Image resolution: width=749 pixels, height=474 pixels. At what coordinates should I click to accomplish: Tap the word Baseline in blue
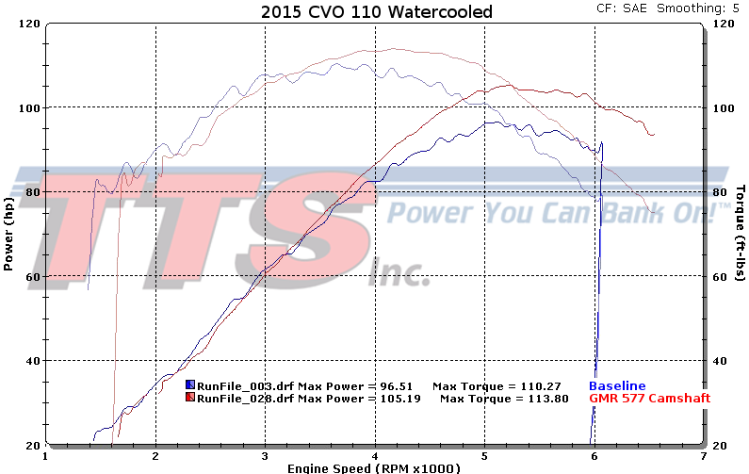617,386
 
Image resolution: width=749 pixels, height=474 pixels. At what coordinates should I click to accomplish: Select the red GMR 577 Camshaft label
649,399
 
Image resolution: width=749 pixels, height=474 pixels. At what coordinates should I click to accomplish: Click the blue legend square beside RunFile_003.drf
190,386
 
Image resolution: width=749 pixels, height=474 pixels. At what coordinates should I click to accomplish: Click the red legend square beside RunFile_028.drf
190,399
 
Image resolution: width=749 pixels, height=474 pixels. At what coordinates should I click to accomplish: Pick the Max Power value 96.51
398,386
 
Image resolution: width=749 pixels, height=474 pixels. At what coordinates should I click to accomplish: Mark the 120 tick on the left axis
30,24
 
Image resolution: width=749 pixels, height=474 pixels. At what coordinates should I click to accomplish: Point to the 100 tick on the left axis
30,107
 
